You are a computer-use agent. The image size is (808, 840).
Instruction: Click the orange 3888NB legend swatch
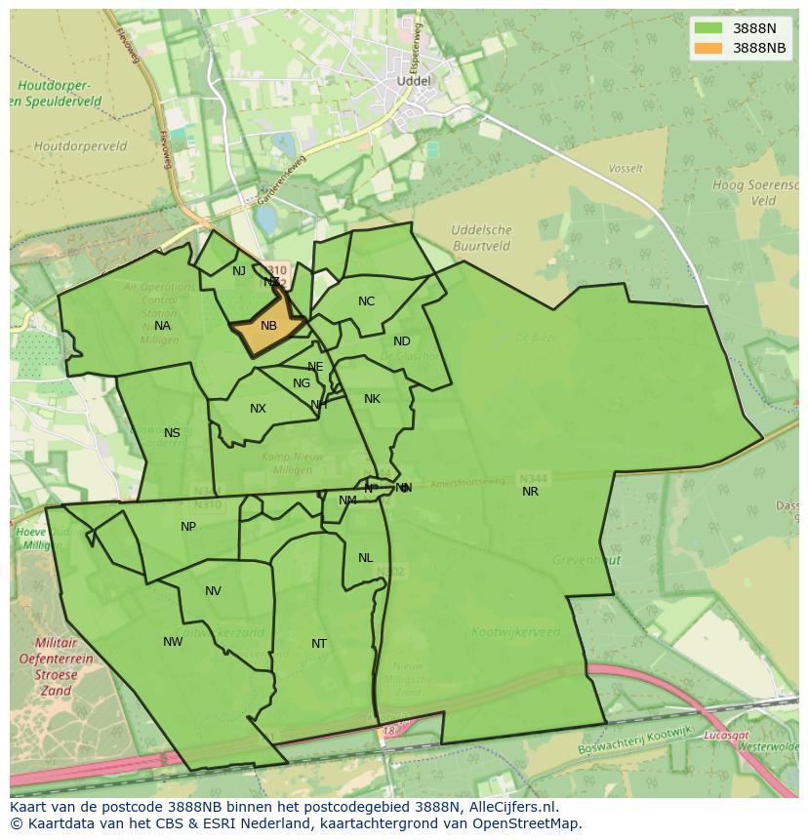click(x=709, y=48)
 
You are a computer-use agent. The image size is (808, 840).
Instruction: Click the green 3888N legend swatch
click(x=709, y=28)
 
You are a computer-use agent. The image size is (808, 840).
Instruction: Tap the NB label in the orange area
click(x=268, y=326)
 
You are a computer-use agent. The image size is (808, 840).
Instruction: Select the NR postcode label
click(x=530, y=492)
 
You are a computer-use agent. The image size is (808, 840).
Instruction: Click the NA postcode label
click(x=162, y=326)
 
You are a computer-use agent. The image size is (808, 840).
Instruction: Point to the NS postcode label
click(x=172, y=433)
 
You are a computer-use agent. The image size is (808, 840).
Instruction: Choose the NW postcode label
click(x=173, y=642)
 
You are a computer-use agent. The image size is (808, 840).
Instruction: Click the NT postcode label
click(x=319, y=644)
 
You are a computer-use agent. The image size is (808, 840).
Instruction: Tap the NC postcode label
click(x=366, y=301)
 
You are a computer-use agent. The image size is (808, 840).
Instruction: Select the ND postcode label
click(x=402, y=341)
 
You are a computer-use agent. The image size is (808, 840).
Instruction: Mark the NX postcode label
click(x=258, y=409)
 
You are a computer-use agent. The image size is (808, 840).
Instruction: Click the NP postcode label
click(x=188, y=527)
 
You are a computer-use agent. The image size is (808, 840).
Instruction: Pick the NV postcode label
click(x=213, y=591)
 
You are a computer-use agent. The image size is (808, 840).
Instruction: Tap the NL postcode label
click(x=365, y=558)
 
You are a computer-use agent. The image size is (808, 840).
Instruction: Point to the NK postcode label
click(x=372, y=399)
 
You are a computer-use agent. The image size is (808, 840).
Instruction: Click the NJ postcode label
click(x=239, y=271)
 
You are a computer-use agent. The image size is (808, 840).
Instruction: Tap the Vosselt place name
click(x=626, y=169)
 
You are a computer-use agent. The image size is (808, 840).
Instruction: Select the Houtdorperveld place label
click(x=80, y=146)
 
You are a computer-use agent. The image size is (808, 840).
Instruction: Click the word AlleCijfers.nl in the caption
click(x=508, y=807)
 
